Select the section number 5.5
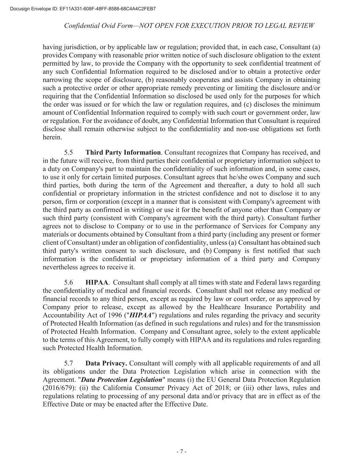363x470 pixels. (x=68, y=153)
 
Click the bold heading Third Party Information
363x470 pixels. (x=123, y=153)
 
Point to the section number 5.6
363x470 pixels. (x=68, y=283)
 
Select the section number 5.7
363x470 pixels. (x=68, y=364)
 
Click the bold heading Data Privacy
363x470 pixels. (x=106, y=364)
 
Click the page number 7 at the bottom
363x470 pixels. (x=181, y=452)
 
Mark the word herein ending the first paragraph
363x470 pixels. (x=52, y=137)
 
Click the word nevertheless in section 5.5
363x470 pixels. (x=60, y=267)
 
